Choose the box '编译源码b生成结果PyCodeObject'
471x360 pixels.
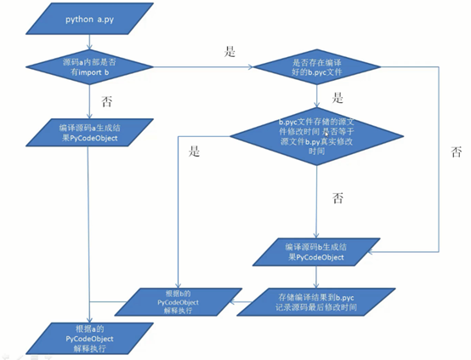click(x=317, y=252)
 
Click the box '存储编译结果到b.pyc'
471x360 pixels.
click(x=316, y=300)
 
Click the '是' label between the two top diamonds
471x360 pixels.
click(x=229, y=51)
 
